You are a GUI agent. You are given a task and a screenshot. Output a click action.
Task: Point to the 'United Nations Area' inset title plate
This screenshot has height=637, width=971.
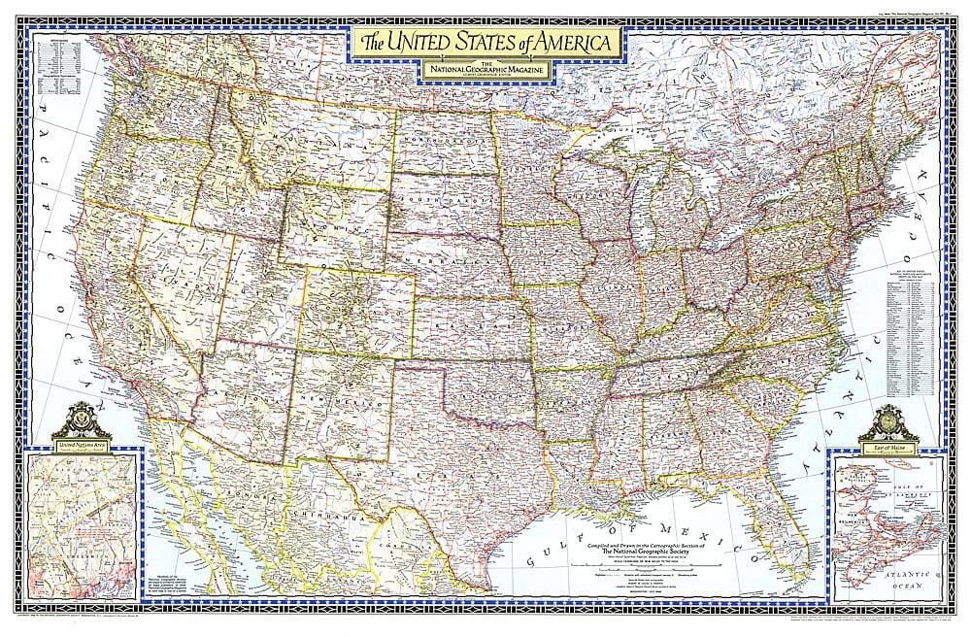coord(81,444)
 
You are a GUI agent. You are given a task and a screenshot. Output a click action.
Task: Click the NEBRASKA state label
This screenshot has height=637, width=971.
coord(456,263)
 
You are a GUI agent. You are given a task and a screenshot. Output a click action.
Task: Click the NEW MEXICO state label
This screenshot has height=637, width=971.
coord(335,400)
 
